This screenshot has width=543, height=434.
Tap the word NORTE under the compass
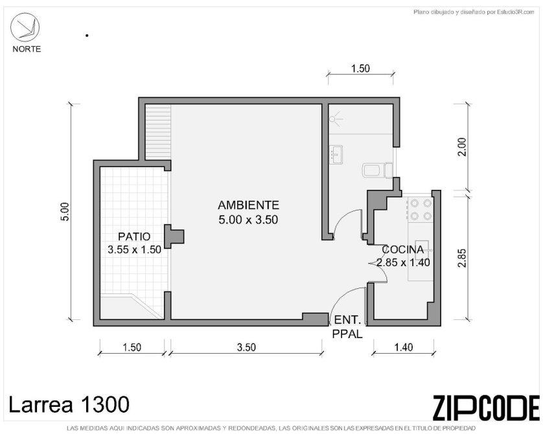(x=27, y=49)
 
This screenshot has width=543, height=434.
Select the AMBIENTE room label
(x=248, y=205)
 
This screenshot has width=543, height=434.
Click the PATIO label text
(x=134, y=236)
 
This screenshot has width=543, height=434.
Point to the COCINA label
(x=403, y=249)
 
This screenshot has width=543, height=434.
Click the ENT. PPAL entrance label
(x=347, y=327)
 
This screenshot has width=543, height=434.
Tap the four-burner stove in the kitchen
(x=421, y=210)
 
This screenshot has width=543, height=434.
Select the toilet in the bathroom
(x=378, y=170)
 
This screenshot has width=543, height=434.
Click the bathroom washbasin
(x=336, y=155)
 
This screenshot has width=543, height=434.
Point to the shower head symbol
(x=334, y=119)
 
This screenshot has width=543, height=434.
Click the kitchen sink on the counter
(x=422, y=249)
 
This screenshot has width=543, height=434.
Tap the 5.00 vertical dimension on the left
(x=66, y=212)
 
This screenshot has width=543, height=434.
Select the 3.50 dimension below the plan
(x=246, y=347)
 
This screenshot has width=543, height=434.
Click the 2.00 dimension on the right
(x=462, y=147)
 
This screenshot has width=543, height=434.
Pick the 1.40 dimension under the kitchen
(x=404, y=347)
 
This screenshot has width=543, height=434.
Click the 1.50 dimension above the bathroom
(x=360, y=69)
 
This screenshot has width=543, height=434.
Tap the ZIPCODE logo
(x=486, y=407)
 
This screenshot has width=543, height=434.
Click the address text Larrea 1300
(x=69, y=404)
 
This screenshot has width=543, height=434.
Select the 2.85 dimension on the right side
(x=462, y=258)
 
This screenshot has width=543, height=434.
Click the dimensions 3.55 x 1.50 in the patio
(x=134, y=249)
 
